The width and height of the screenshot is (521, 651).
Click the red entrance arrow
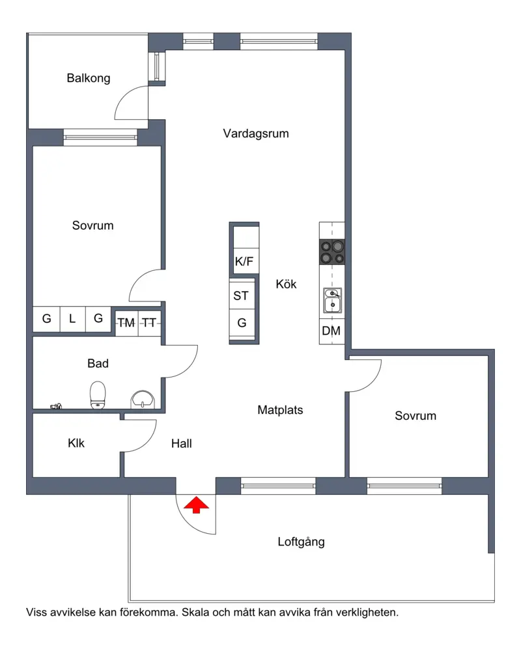[196, 505]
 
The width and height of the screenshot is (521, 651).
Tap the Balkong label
[89, 78]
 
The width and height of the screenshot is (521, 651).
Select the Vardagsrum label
[256, 133]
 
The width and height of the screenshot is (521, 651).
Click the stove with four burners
[332, 251]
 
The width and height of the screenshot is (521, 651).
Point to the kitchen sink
[332, 300]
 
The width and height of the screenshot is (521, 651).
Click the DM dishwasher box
[331, 331]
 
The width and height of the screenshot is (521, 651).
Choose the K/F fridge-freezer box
[244, 249]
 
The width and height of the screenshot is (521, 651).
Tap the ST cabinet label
[241, 296]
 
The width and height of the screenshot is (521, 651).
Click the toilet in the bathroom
[98, 395]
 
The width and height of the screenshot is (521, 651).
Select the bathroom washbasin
[143, 400]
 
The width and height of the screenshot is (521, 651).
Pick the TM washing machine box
[126, 323]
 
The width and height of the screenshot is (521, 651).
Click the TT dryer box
[149, 323]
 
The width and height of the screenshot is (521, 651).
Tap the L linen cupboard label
[72, 318]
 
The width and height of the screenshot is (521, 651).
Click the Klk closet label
[76, 443]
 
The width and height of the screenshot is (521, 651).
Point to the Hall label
[182, 443]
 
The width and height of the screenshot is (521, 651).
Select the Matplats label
[281, 409]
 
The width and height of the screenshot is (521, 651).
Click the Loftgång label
[302, 542]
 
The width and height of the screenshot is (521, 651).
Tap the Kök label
[287, 284]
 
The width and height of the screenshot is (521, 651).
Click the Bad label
[98, 363]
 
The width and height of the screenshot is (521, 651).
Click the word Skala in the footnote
[195, 612]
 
